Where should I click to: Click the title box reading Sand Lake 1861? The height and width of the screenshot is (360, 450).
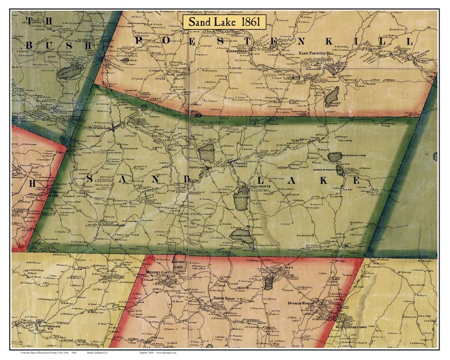click(224, 22)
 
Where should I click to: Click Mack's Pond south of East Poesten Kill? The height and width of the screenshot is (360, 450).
click(332, 96)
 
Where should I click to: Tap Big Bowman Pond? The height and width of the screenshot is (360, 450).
click(335, 157)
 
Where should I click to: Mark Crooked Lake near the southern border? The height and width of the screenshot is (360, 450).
click(242, 235)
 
